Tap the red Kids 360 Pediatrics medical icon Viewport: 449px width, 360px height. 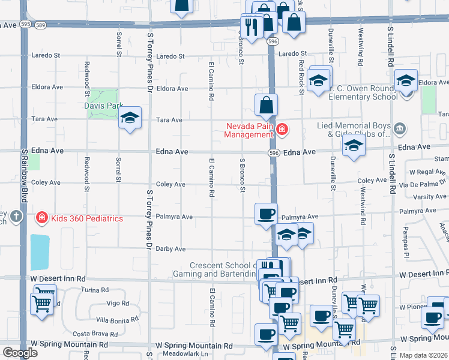42,218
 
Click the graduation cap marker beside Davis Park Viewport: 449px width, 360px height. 130,118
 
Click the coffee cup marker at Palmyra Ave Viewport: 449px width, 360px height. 266,214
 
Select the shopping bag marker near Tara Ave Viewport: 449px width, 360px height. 266,105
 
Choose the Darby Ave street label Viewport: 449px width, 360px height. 170,249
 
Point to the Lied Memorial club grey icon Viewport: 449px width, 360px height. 400,128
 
